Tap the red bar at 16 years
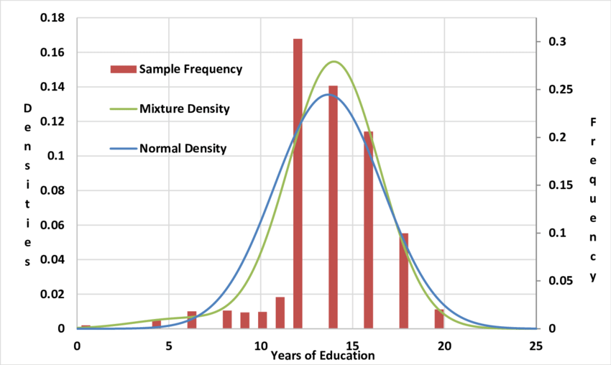coord(368,230)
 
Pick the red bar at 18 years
coord(404,281)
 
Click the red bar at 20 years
coord(439,319)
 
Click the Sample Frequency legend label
coord(190,70)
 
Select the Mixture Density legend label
coord(185,109)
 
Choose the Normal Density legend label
coord(183,149)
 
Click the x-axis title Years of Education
coord(323,355)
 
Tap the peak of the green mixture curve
coord(334,62)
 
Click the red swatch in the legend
coord(122,70)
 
